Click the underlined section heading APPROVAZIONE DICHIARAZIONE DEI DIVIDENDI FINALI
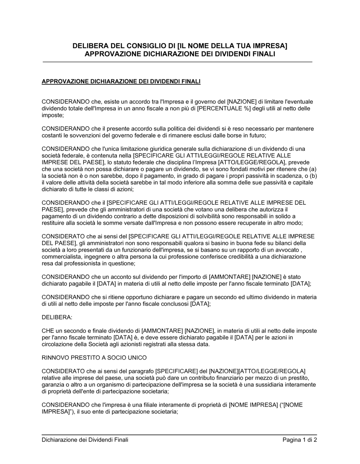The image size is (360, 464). (121, 82)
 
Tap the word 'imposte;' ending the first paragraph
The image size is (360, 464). (53, 115)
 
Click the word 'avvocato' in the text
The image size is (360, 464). (288, 250)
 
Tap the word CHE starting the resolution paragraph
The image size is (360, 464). (48, 331)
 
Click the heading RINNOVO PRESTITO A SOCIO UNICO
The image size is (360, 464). (94, 358)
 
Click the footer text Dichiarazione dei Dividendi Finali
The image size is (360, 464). (85, 440)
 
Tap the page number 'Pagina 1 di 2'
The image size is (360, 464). (300, 440)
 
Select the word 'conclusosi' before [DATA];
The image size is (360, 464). (176, 304)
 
